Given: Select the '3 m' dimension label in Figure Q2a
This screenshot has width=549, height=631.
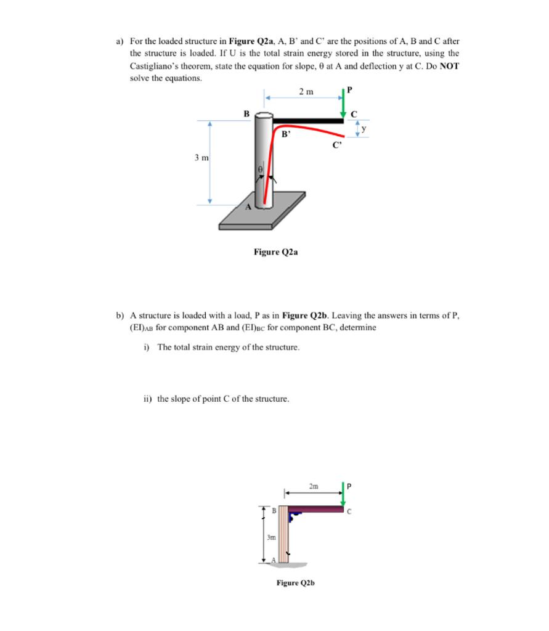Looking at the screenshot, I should coord(201,158).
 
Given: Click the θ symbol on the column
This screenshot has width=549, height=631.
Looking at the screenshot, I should coord(260,168).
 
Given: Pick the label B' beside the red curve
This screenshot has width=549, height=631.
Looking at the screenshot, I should coord(285,132).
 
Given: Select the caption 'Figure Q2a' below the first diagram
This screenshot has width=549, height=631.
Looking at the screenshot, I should coord(275,251).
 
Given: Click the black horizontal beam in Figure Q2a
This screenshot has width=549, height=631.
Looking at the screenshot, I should coord(307,121).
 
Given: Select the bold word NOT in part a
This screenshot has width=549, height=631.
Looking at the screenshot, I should coord(448,65).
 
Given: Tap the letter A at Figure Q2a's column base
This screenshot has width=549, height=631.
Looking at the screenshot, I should coord(250,207).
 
